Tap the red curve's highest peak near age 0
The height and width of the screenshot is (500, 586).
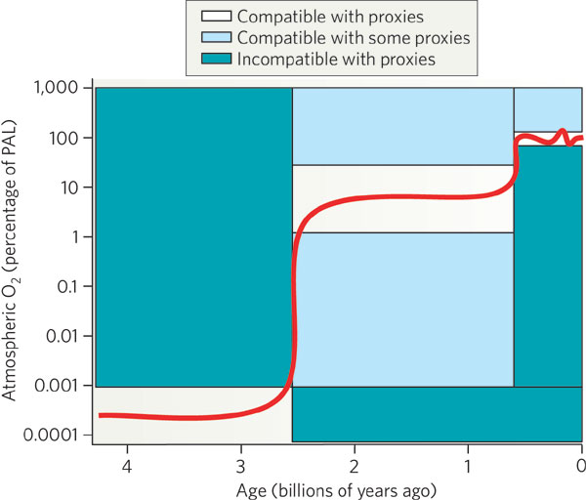[563, 131]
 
